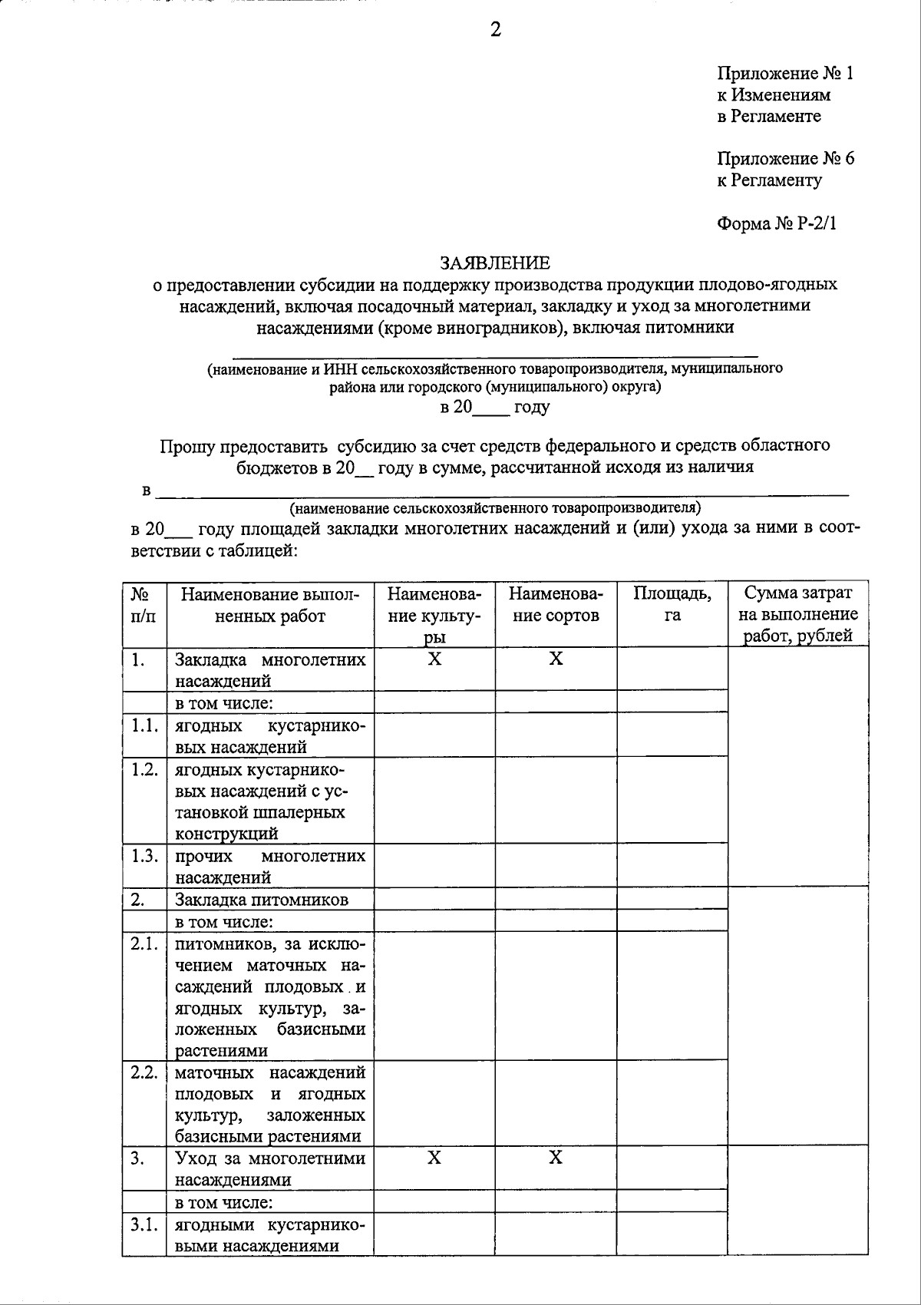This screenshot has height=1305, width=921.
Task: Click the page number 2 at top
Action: (495, 30)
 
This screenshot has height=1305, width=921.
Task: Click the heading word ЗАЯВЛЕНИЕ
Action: (495, 263)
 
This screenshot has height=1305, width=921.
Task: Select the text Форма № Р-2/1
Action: (776, 223)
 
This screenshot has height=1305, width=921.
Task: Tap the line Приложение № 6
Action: (785, 159)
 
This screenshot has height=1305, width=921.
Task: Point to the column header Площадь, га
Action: (672, 604)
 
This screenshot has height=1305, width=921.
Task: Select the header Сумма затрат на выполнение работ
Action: (797, 614)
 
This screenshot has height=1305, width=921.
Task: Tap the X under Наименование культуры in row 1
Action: (434, 659)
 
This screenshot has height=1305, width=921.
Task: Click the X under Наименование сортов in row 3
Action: (556, 1158)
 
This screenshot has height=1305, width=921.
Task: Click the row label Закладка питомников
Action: (262, 900)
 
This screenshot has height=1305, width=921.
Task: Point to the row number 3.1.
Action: (144, 1225)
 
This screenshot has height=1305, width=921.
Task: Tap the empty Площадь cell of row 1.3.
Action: (672, 866)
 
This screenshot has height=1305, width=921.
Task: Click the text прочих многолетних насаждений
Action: (269, 867)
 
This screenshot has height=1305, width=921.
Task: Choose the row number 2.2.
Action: (144, 1072)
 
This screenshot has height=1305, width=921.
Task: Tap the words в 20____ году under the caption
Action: (495, 408)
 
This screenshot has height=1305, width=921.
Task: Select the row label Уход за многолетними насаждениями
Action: (269, 1168)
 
